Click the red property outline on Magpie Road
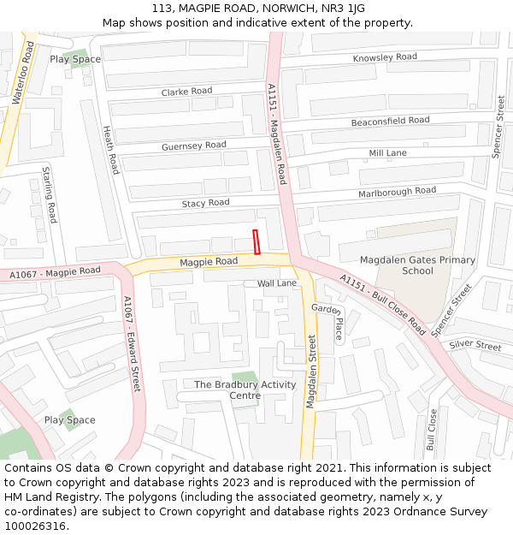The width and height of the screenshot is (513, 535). (x=256, y=242)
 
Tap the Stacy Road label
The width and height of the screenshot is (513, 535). (x=205, y=203)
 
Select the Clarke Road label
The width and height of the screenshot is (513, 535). (x=186, y=92)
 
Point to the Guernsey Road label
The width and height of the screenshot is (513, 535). (x=194, y=146)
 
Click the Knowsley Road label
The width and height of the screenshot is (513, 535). (x=385, y=57)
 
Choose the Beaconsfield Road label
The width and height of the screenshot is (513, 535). (x=390, y=122)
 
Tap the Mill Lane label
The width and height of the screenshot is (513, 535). (x=387, y=153)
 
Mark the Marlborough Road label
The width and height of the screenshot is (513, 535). (x=397, y=192)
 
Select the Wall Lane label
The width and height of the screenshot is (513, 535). (x=277, y=282)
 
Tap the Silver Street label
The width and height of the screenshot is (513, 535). (x=475, y=345)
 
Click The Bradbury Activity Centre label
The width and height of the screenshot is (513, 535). (x=245, y=389)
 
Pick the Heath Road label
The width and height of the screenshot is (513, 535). (x=110, y=151)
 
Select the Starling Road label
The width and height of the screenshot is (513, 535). (x=50, y=195)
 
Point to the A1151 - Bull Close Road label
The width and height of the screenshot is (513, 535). (x=382, y=304)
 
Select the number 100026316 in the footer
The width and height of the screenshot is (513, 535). (x=35, y=526)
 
